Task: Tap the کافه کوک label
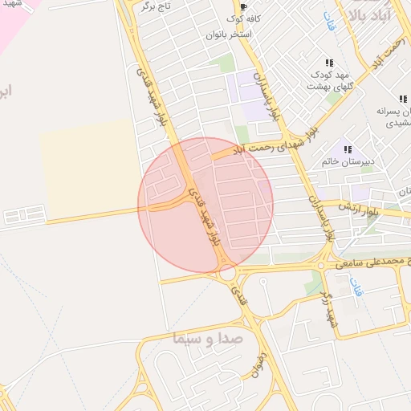pos(242,18)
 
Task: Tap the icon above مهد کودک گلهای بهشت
pos(329,63)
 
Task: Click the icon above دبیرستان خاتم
pos(348,149)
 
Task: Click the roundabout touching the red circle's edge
pos(228,273)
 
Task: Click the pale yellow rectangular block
pos(88,169)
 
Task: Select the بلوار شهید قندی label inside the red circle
pos(205,215)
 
